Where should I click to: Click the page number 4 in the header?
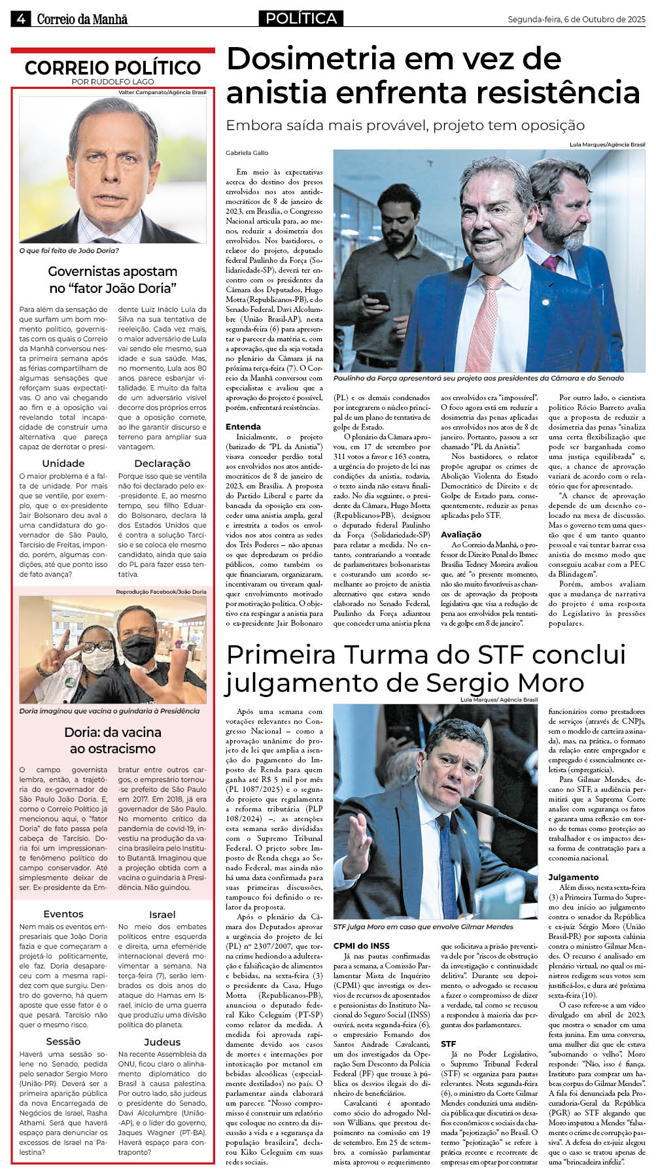[x=20, y=19]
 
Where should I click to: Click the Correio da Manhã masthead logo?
[x=82, y=20]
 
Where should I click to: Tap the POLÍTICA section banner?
[x=301, y=18]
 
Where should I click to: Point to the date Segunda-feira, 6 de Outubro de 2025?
[x=576, y=20]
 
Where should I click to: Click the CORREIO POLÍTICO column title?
[x=112, y=67]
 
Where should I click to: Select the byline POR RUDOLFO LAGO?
[x=112, y=82]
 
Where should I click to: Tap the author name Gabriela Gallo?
[x=247, y=153]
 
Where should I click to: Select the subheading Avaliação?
[x=461, y=534]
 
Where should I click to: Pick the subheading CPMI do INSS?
[x=361, y=945]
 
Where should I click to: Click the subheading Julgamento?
[x=573, y=877]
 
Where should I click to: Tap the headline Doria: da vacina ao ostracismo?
[x=112, y=740]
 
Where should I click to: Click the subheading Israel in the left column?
[x=162, y=915]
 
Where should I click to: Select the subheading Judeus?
[x=162, y=1042]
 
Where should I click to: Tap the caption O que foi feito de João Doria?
[x=69, y=250]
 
